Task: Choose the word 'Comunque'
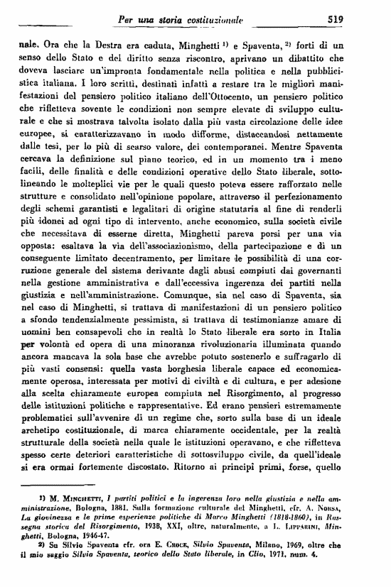click(189, 330)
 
